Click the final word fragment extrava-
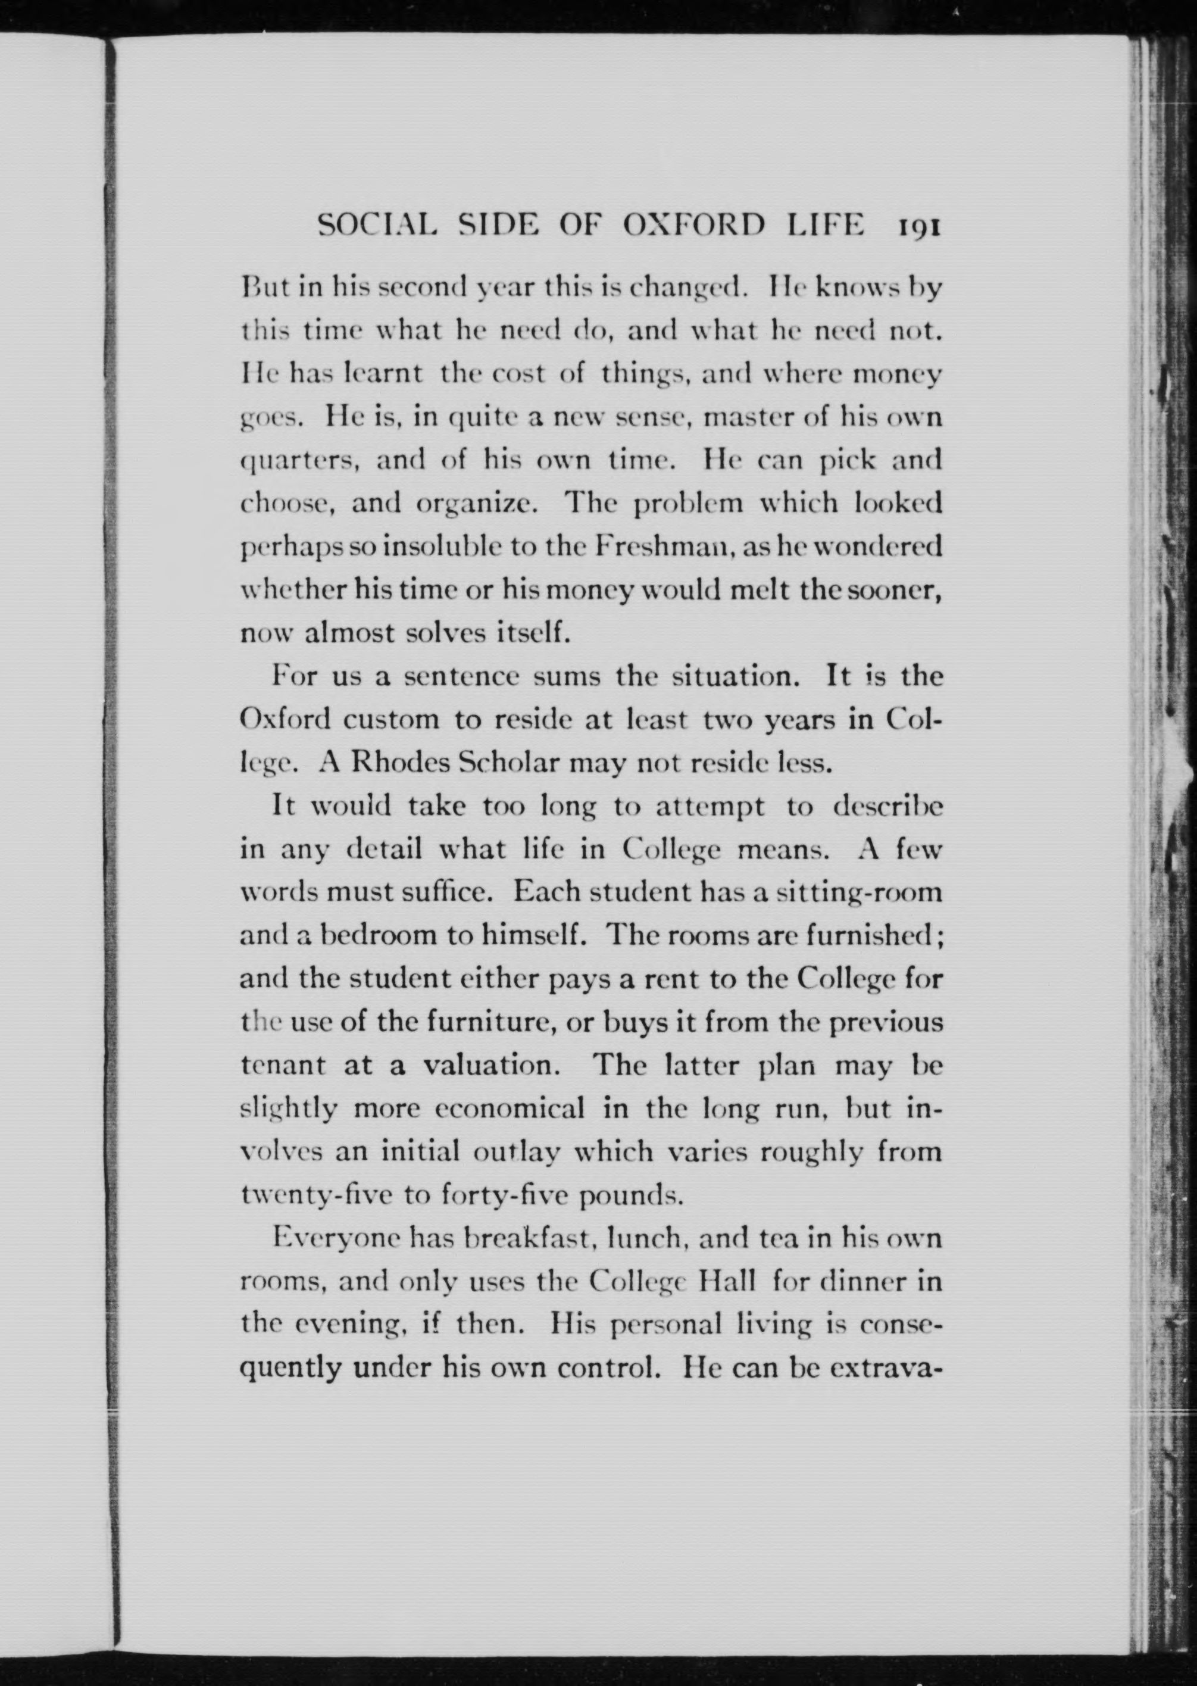pyautogui.click(x=885, y=1369)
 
